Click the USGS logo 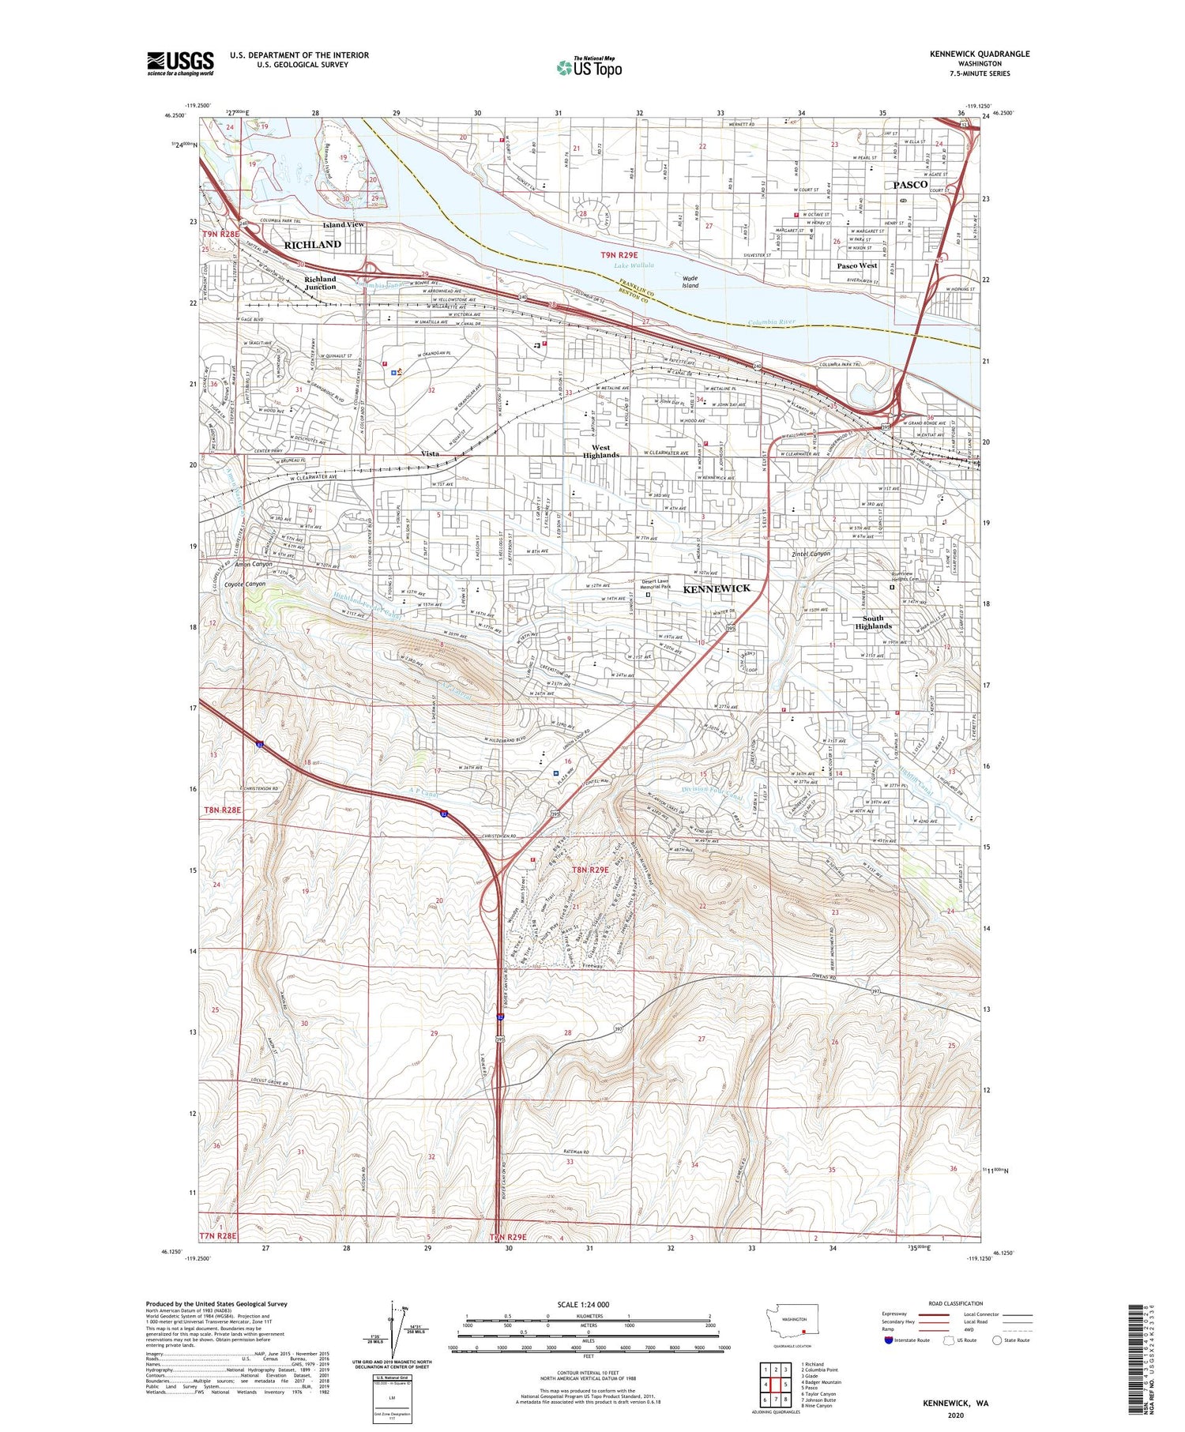coord(180,63)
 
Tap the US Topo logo coord(589,67)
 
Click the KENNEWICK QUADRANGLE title coord(980,54)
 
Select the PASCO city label coord(910,184)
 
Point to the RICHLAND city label coord(313,245)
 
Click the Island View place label coord(344,225)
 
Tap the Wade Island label coord(690,282)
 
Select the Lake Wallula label coord(633,265)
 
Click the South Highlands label coord(873,622)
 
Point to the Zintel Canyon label coord(811,554)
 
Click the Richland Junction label coord(321,283)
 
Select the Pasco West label coord(857,265)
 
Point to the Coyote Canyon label coord(245,584)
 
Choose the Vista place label coord(430,454)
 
